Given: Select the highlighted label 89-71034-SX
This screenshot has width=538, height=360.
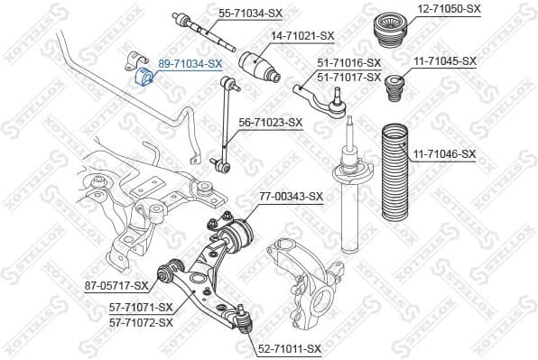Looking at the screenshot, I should click(190, 63).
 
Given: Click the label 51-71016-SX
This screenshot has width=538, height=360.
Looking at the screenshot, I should click(348, 64).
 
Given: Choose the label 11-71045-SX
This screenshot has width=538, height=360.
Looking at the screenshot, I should click(445, 60).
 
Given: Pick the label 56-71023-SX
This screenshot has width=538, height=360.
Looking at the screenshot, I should click(270, 122).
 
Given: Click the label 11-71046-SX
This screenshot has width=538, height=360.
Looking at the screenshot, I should click(444, 154).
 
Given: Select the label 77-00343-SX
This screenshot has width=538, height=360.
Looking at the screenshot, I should click(291, 196).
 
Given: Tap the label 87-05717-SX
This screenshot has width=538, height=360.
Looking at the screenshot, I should click(116, 286).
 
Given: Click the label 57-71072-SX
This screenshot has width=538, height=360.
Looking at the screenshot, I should click(140, 321).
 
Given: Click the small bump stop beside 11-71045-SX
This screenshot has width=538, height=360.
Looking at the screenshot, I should click(394, 91).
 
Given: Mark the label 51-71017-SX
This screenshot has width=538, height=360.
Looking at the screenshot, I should click(348, 77).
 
